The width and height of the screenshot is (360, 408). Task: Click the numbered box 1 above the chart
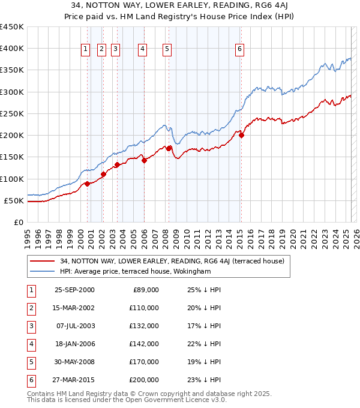[86, 50]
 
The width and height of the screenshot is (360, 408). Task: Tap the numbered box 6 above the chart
[239, 50]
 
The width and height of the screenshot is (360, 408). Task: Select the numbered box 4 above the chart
[142, 50]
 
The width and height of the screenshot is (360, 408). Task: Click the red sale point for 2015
[241, 136]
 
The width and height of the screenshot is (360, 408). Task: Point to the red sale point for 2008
[169, 148]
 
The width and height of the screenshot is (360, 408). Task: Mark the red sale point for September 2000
[88, 184]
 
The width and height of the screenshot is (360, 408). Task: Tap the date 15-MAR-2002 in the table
[74, 308]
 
